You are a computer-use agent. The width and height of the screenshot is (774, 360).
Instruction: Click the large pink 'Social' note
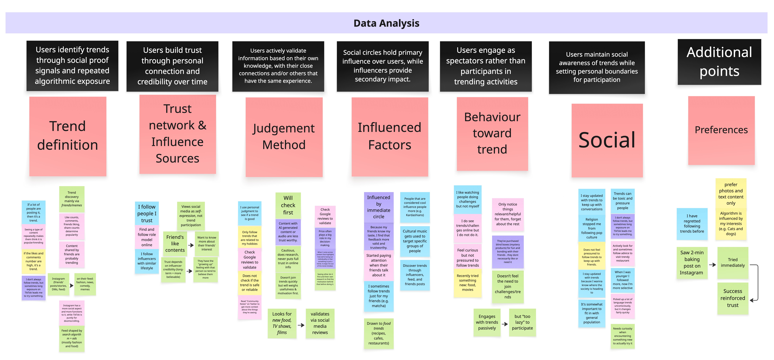[x=607, y=140]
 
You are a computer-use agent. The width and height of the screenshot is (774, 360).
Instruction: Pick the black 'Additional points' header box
[x=719, y=62]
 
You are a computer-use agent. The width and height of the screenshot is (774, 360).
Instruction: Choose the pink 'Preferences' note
[x=721, y=130]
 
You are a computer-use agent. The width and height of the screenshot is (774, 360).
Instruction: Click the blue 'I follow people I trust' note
[x=147, y=213]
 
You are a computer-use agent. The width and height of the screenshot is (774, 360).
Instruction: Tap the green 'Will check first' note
[x=288, y=205]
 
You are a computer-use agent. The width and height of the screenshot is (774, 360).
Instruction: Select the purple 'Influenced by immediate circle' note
[x=379, y=207]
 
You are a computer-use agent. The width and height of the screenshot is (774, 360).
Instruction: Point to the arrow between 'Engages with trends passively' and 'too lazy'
[x=505, y=324]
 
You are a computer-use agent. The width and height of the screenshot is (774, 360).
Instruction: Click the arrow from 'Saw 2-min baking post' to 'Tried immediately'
[x=712, y=265]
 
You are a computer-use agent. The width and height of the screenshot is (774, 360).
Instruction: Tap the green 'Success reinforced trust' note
[x=733, y=298]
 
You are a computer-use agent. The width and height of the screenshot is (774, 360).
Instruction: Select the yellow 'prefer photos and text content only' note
[x=731, y=194]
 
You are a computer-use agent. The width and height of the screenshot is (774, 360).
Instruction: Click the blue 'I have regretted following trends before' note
[x=692, y=224]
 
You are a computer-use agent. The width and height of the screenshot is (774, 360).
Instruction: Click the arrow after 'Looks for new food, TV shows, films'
[x=301, y=325]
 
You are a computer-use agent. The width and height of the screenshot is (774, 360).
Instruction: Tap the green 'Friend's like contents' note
[x=175, y=243]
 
